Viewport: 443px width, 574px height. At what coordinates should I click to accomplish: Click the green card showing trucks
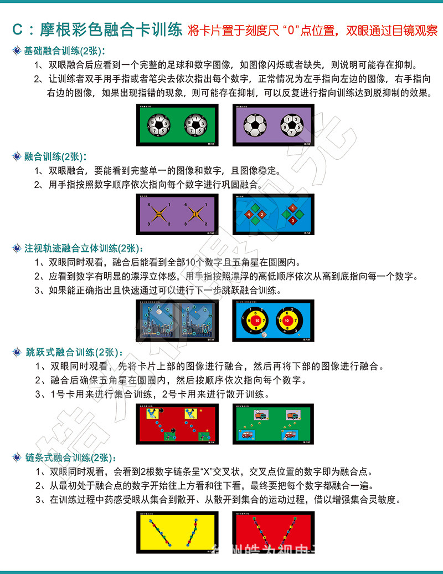(273, 424)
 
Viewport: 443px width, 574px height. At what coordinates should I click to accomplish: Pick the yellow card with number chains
(178, 532)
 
